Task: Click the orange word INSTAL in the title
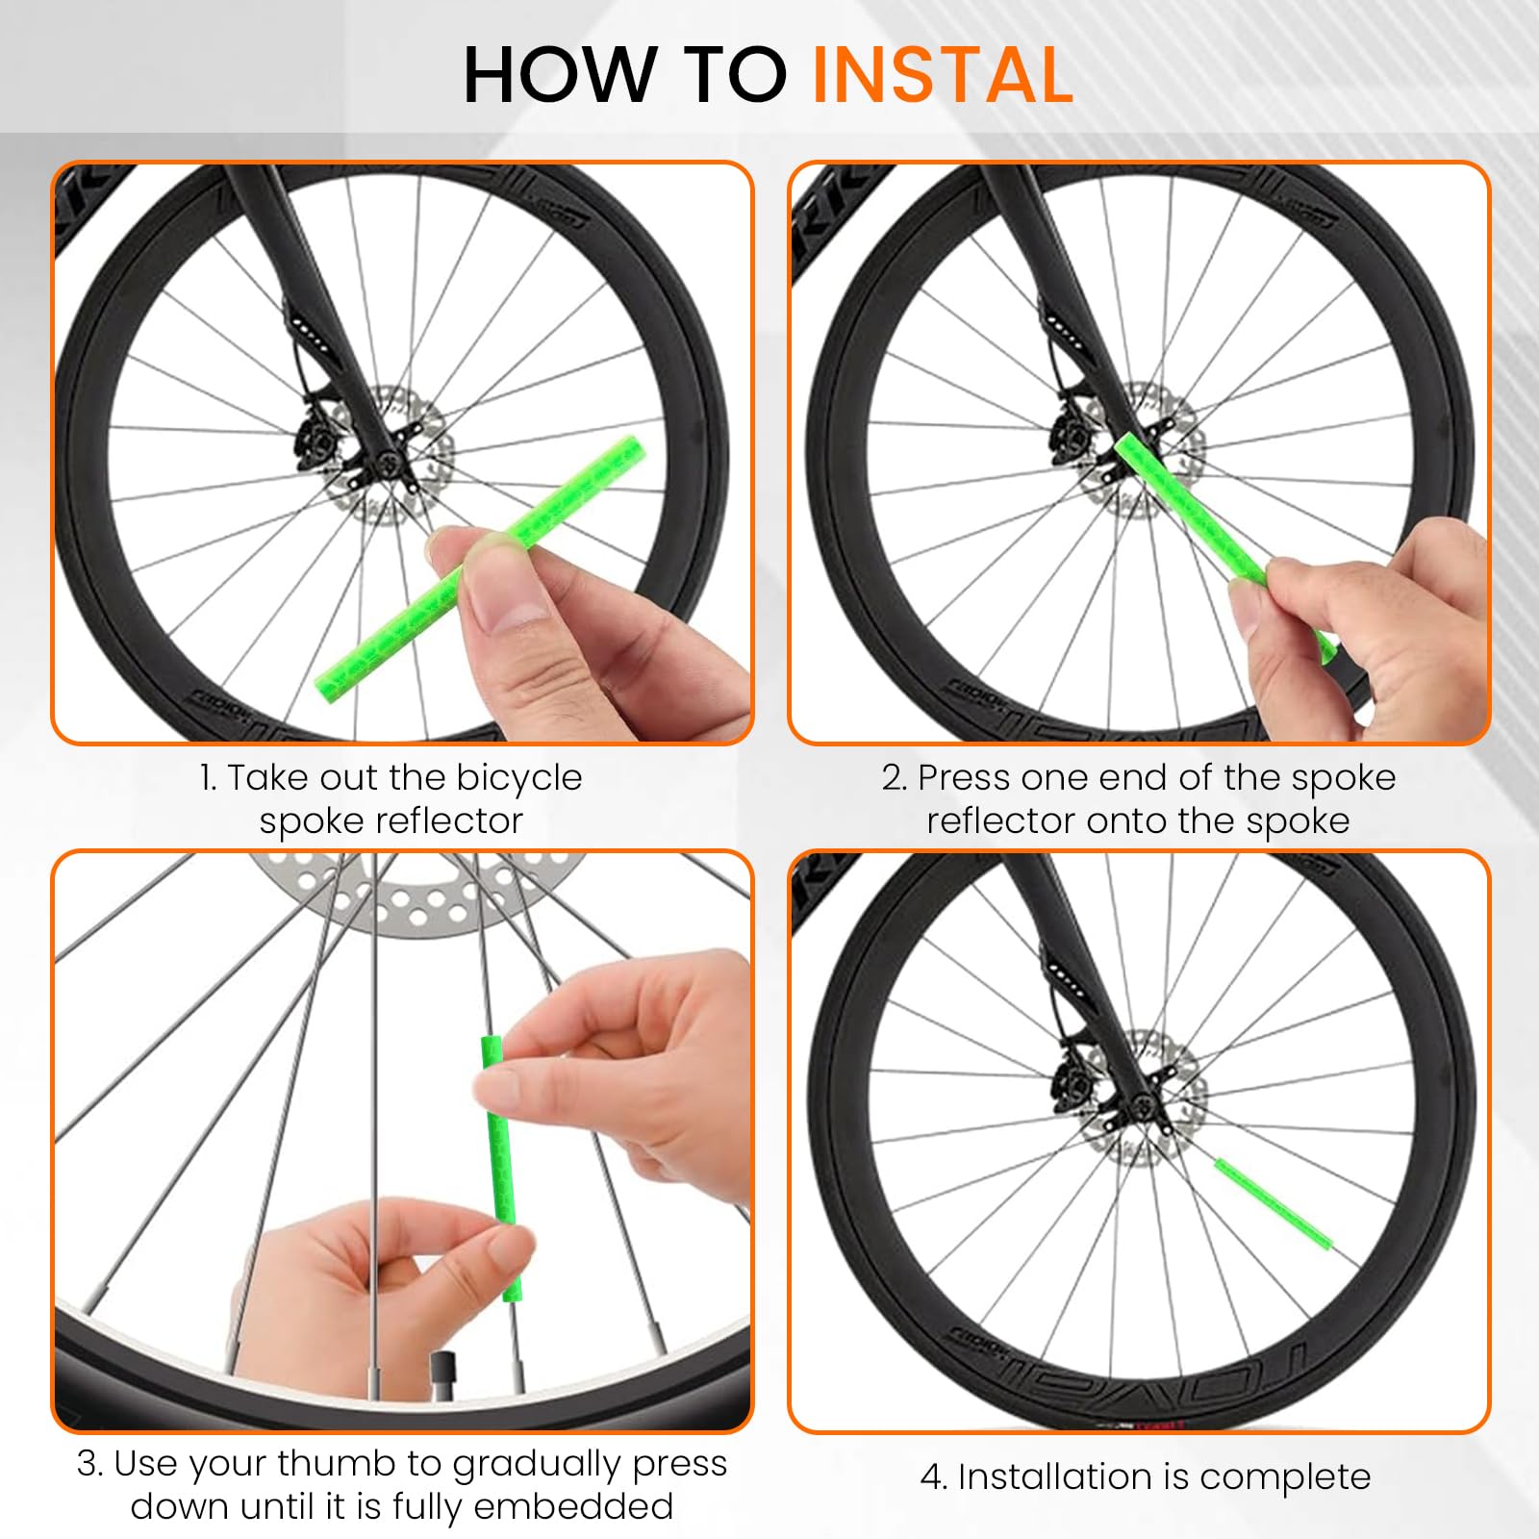943,75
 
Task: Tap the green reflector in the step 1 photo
481,566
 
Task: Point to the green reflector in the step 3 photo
503,1168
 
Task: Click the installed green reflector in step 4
1274,1204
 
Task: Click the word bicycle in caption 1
518,777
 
